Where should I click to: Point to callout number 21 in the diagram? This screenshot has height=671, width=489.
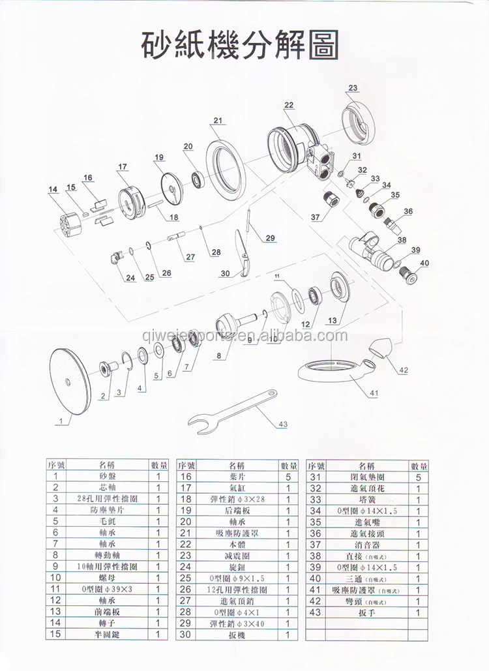coord(218,120)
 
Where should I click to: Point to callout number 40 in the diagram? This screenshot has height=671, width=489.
coord(425,263)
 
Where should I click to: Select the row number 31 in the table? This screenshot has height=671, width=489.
coord(316,477)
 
